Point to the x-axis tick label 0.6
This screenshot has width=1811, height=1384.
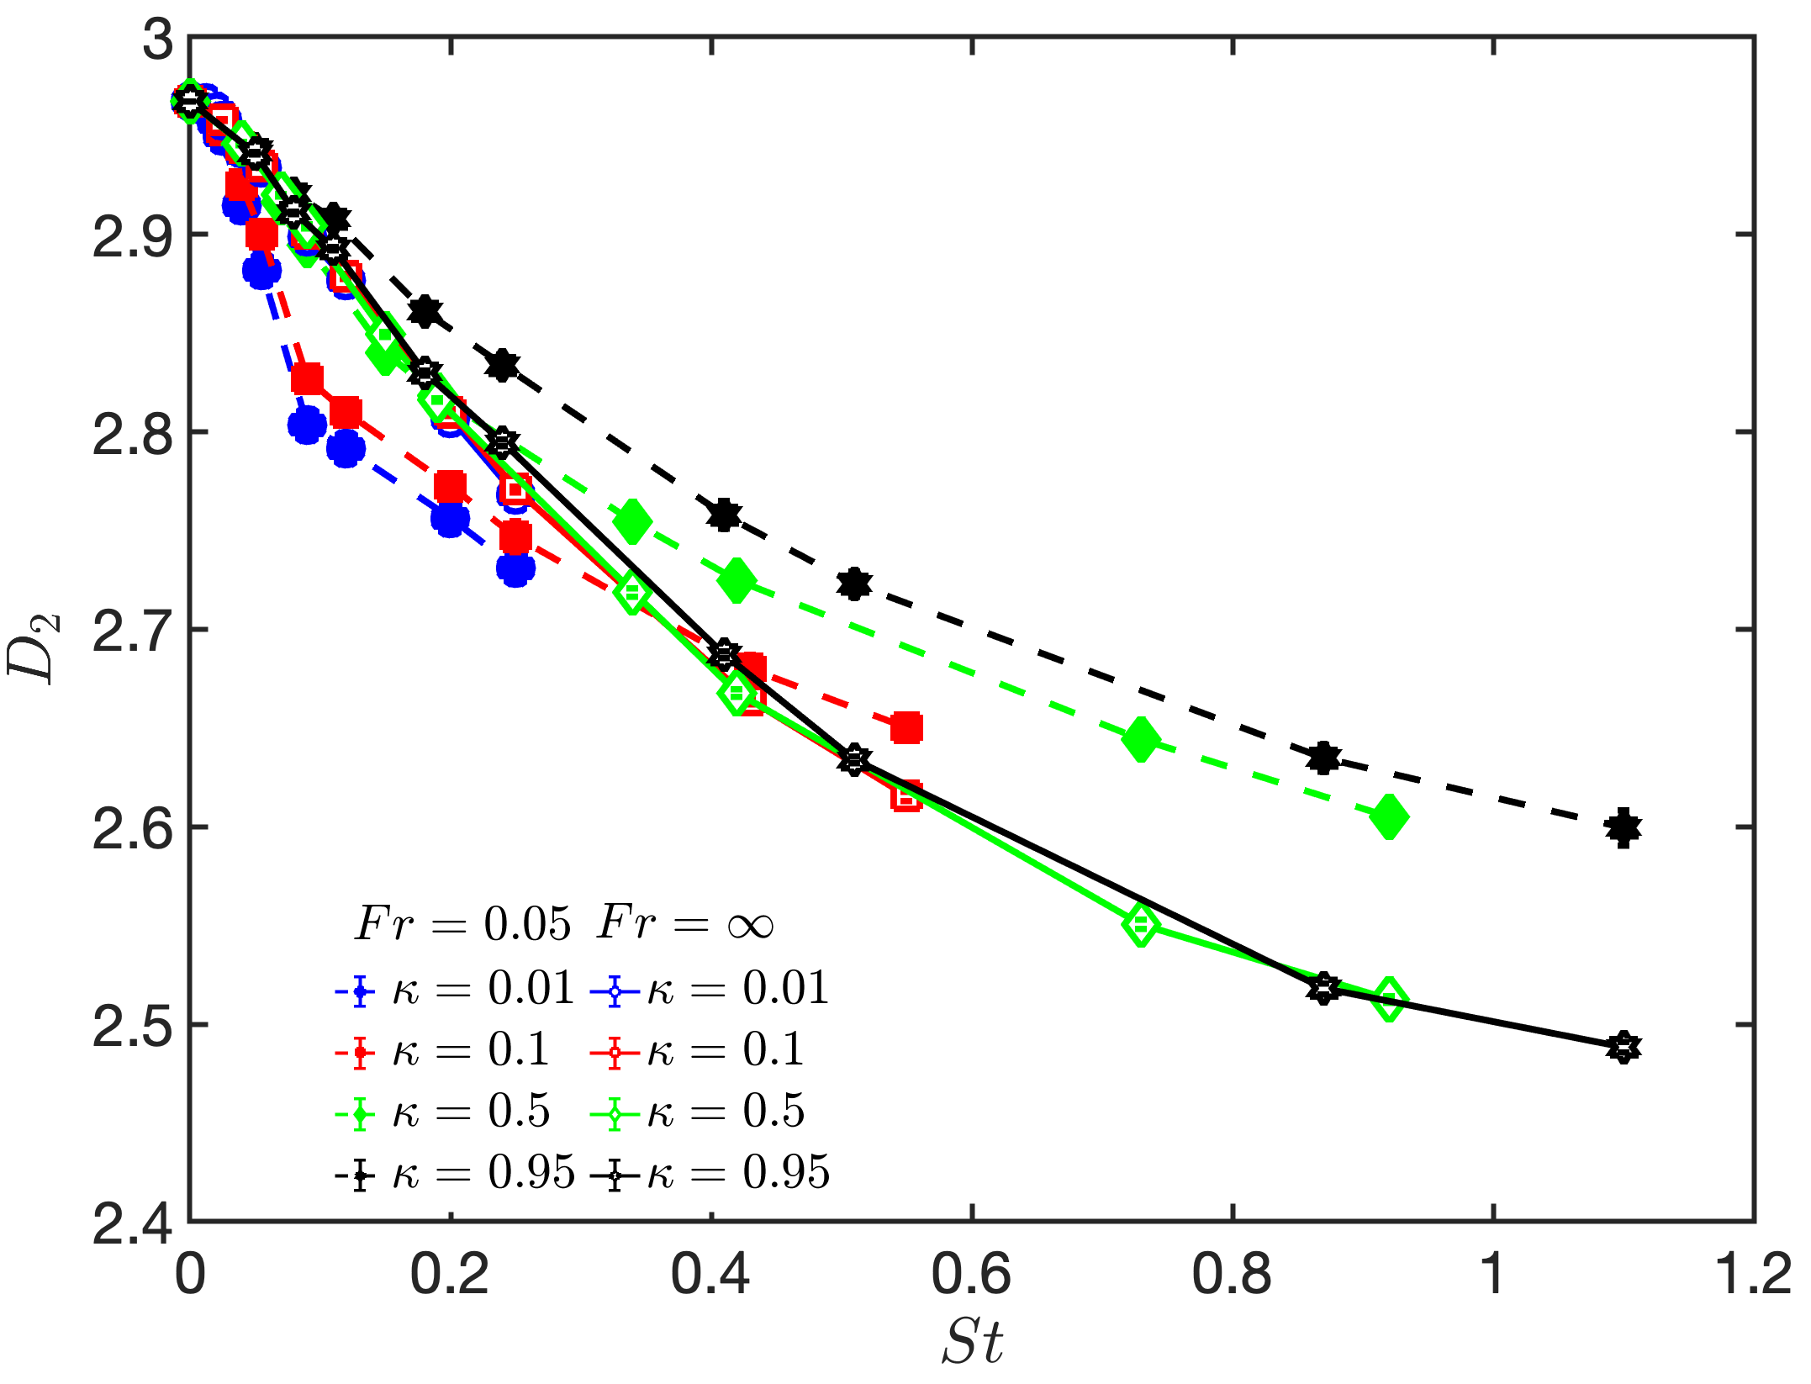[971, 1275]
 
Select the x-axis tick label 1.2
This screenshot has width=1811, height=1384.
[1753, 1275]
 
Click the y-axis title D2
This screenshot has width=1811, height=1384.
[34, 647]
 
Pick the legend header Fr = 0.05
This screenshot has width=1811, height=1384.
[462, 923]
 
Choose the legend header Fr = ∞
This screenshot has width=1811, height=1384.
[685, 923]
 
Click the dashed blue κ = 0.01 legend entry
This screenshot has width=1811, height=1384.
[454, 989]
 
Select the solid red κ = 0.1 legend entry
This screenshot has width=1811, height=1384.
[698, 1050]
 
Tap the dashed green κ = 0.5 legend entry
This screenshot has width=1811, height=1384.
[443, 1112]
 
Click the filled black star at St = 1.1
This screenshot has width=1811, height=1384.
[1623, 827]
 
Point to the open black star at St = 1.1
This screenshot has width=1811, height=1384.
[1623, 1047]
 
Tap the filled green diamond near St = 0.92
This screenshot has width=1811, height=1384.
[1389, 816]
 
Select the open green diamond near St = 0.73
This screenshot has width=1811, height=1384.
[1141, 925]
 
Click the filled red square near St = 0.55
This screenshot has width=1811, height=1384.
[906, 727]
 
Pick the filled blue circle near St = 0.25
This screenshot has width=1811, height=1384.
[515, 568]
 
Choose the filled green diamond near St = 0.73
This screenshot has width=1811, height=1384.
[1141, 739]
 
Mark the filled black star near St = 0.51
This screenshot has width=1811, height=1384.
[854, 584]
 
